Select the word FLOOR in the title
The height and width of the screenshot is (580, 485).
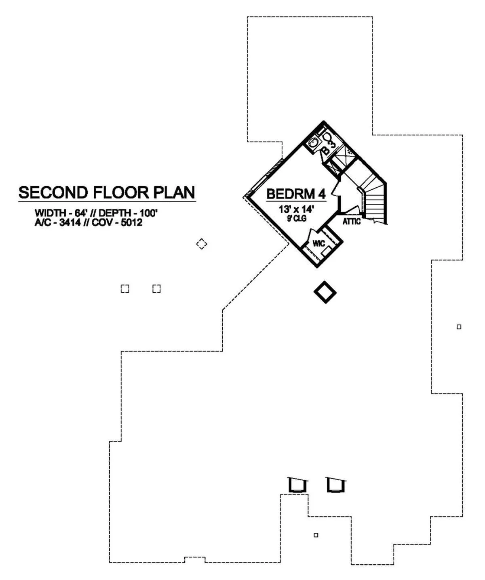120,193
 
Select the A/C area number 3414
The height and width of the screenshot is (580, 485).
70,222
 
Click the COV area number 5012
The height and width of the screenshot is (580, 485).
132,222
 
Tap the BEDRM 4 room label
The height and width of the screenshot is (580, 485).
296,194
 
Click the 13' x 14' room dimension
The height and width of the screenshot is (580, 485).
296,209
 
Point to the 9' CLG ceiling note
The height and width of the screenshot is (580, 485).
297,218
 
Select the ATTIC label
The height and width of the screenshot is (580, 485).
352,221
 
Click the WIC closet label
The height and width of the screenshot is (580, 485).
319,244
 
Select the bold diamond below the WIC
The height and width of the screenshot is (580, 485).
325,292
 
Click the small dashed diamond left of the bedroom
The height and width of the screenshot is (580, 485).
202,244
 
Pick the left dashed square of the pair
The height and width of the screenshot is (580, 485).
125,289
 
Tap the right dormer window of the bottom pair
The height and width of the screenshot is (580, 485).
336,485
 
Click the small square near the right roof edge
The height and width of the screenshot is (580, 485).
459,327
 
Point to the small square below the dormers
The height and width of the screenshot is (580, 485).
316,535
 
